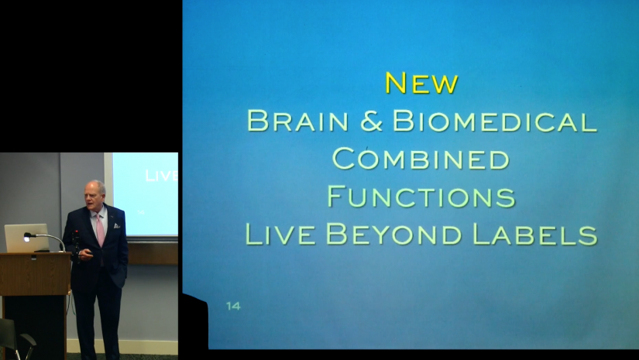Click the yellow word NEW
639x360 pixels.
point(421,82)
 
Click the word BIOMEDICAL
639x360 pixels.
point(495,121)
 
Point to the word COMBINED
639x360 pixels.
point(421,158)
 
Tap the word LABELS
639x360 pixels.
point(534,233)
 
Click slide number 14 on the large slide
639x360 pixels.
point(233,306)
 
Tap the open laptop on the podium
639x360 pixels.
point(26,238)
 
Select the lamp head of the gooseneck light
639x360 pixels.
point(29,235)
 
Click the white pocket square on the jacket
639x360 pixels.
point(115,225)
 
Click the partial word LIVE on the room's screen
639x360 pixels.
point(161,176)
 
